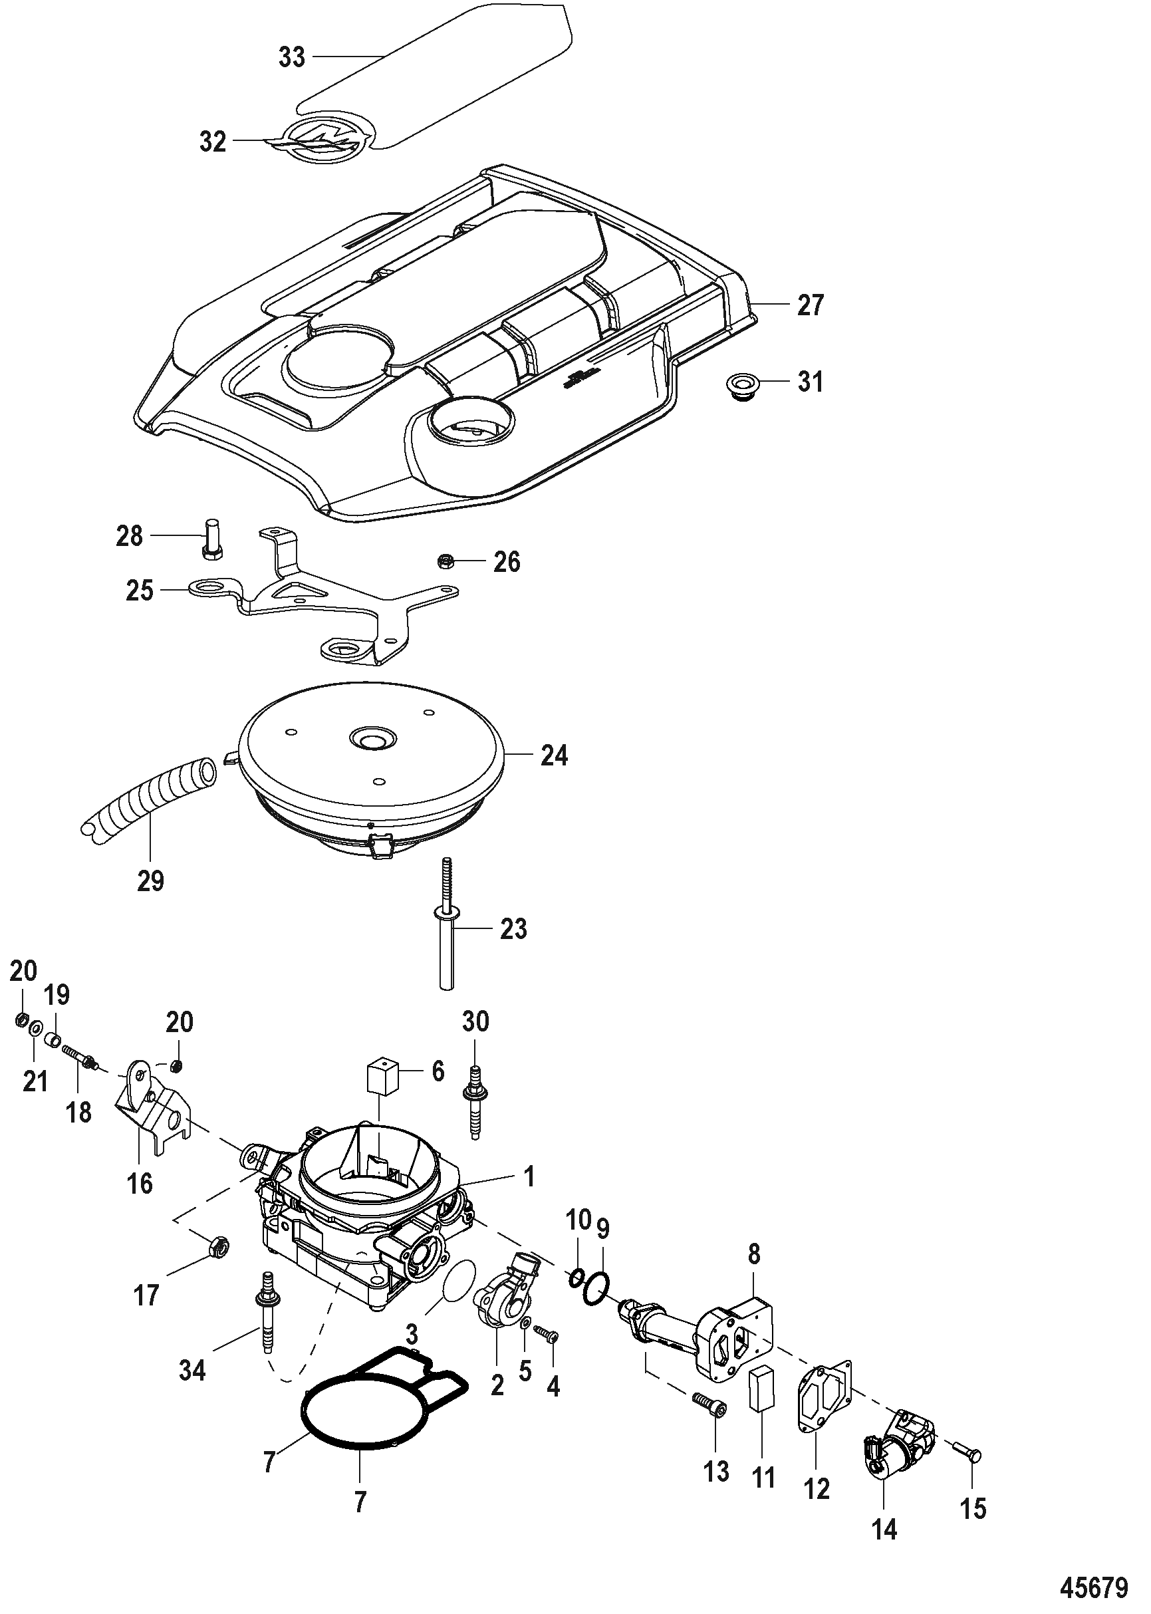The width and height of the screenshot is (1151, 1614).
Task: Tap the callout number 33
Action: click(291, 57)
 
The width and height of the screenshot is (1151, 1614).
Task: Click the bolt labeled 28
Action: click(211, 541)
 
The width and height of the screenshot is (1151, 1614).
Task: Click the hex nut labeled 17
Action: click(218, 1246)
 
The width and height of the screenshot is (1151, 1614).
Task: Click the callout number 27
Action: click(810, 305)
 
